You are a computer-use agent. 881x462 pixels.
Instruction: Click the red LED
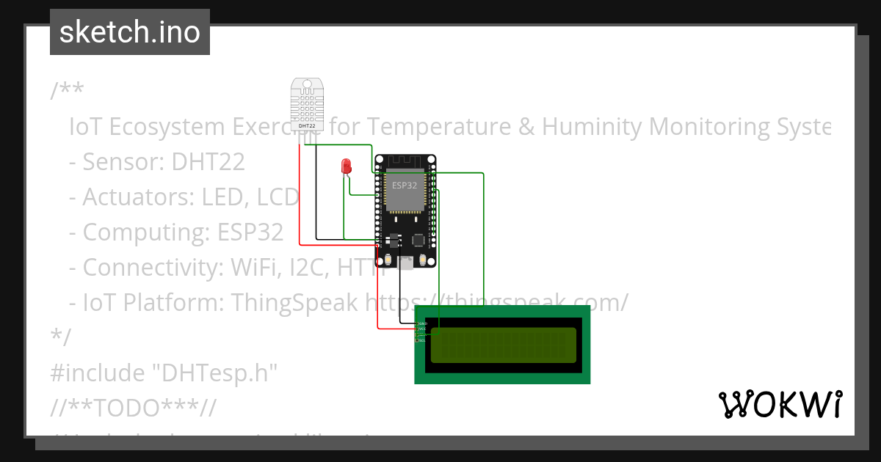(346, 166)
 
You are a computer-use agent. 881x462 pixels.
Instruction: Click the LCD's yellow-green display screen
(503, 345)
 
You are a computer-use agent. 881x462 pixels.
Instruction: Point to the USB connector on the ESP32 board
(405, 263)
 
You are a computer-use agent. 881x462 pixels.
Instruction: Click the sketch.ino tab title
(130, 32)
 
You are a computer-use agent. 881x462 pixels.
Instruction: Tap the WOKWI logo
(780, 404)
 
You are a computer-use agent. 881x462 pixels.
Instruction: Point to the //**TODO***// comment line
(133, 408)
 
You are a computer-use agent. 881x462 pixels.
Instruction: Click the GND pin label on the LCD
(424, 323)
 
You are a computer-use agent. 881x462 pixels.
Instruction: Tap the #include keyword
(97, 373)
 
